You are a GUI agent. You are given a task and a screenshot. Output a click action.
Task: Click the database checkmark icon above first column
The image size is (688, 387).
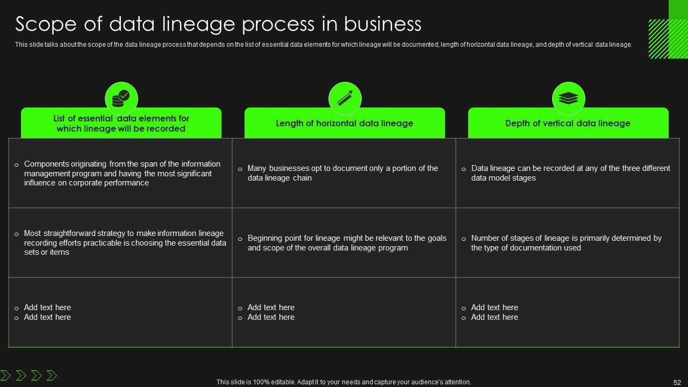click(x=121, y=98)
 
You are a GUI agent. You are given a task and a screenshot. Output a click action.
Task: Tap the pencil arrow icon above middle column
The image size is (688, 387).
click(x=345, y=98)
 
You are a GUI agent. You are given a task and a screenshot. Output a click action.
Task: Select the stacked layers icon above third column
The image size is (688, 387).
click(x=568, y=98)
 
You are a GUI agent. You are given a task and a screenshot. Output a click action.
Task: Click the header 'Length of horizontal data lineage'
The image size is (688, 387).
click(x=345, y=123)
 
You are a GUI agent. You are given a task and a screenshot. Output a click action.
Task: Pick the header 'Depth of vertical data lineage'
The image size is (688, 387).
click(x=568, y=123)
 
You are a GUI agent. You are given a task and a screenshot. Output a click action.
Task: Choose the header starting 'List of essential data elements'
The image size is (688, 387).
click(x=121, y=124)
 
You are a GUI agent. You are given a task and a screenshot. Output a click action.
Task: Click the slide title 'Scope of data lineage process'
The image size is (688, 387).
click(x=218, y=24)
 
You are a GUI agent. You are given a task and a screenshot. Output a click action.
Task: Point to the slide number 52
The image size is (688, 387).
click(x=677, y=382)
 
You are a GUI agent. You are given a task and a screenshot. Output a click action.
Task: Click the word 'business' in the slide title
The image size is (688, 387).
click(x=382, y=24)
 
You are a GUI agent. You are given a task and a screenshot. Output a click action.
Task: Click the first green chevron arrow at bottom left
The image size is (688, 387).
click(x=6, y=375)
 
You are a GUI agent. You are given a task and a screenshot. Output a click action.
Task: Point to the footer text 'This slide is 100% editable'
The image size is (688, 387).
click(x=343, y=382)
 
